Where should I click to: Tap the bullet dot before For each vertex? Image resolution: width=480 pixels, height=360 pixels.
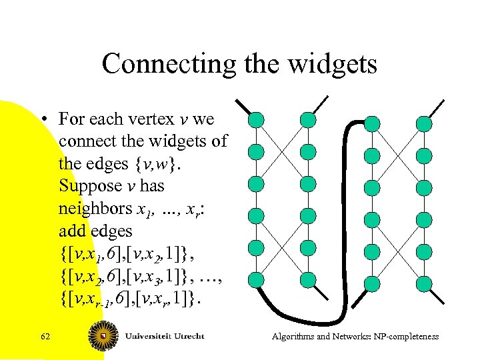tap(43, 120)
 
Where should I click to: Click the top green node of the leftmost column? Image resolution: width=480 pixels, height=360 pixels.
tap(256, 120)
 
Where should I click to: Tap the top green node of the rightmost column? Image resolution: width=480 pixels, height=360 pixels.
tap(425, 123)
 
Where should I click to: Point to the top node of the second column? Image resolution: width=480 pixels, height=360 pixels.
tap(307, 120)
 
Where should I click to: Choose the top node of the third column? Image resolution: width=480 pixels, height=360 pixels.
tap(373, 123)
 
